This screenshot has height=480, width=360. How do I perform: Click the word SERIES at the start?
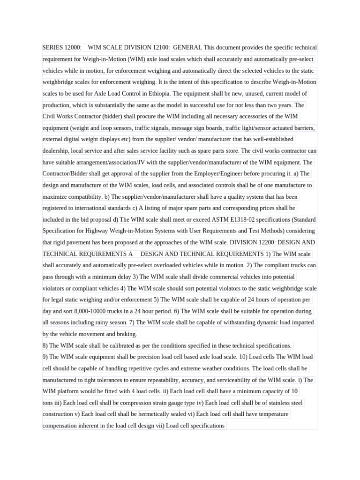pyautogui.click(x=52, y=47)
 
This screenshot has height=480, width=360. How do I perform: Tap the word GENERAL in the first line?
pyautogui.click(x=187, y=47)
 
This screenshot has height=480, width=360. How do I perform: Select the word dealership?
pyautogui.click(x=58, y=150)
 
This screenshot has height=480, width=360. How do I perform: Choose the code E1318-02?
pyautogui.click(x=249, y=219)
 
